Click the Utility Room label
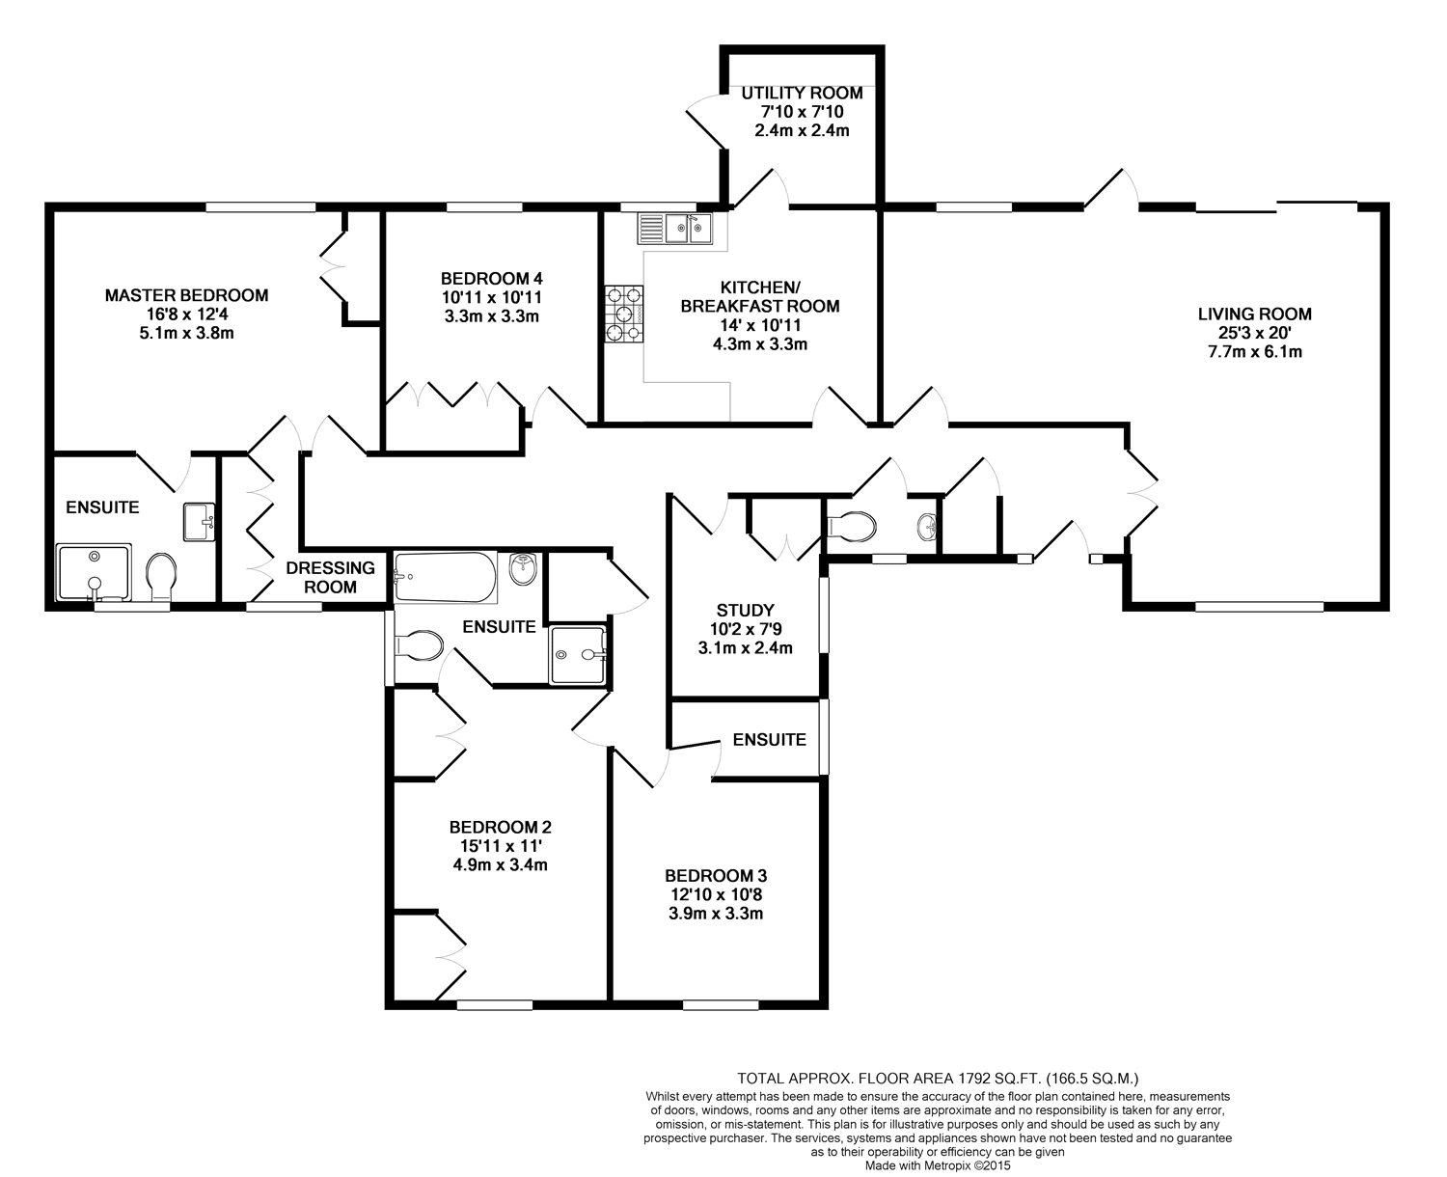click(802, 93)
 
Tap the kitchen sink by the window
click(674, 229)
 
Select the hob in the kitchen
click(623, 315)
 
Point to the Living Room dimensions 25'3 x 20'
click(1254, 333)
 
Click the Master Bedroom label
click(187, 295)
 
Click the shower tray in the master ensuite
click(95, 572)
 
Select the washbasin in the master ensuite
click(199, 522)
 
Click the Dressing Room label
click(330, 577)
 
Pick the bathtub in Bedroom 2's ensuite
click(445, 577)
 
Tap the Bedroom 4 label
click(492, 279)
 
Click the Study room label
click(746, 610)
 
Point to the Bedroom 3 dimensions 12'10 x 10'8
click(716, 894)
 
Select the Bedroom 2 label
click(500, 827)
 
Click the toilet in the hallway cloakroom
click(852, 527)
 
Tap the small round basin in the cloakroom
click(927, 525)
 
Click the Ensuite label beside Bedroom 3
click(770, 739)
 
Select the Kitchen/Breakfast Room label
click(760, 296)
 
